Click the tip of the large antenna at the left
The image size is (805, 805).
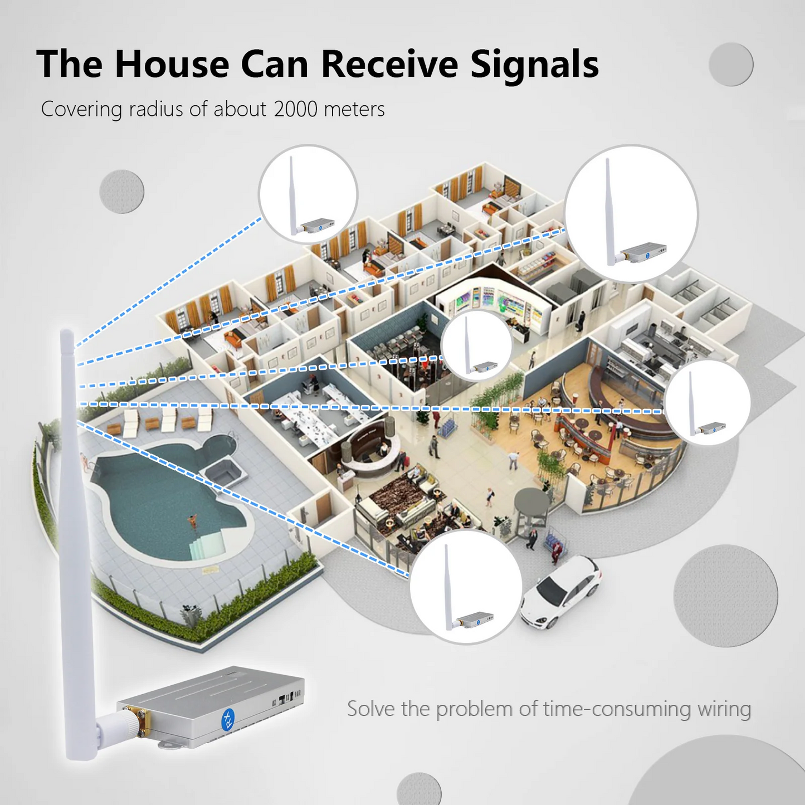coord(66,330)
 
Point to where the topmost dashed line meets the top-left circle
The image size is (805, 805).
coord(261,218)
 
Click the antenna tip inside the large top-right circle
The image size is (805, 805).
coord(607,159)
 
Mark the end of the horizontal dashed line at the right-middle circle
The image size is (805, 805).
coord(663,412)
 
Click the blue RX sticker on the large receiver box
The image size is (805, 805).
coord(228,718)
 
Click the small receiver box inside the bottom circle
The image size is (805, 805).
coord(474,619)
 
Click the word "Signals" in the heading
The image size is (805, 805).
coord(535,64)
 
